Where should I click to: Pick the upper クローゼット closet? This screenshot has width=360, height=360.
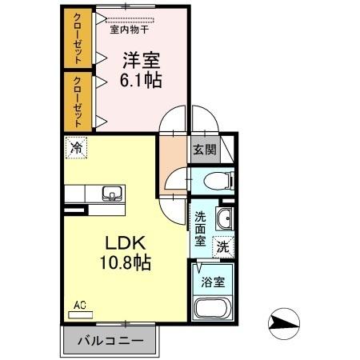click(x=78, y=39)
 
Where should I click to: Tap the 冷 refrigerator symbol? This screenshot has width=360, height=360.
click(x=77, y=148)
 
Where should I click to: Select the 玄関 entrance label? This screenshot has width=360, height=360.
click(x=202, y=148)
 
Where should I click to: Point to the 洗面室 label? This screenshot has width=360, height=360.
click(x=201, y=228)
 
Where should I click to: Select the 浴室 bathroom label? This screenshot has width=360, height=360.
click(x=213, y=282)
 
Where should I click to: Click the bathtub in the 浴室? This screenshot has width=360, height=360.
click(x=213, y=310)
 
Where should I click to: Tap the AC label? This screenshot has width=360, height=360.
click(x=80, y=305)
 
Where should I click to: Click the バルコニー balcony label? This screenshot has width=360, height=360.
click(x=110, y=340)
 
